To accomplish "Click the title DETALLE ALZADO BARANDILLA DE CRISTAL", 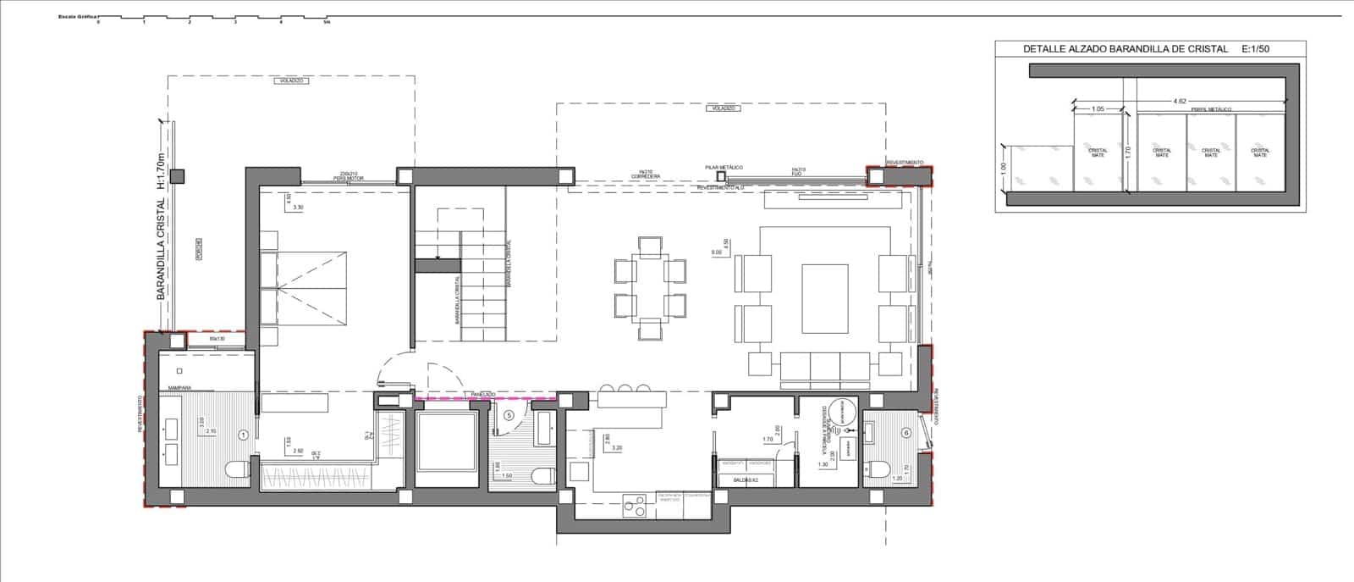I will [1125, 49].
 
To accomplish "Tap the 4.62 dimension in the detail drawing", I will [1179, 102].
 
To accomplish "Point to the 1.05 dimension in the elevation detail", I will [1098, 108].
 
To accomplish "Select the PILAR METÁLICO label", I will [724, 169].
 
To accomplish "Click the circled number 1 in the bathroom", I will [244, 435].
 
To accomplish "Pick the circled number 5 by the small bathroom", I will [508, 415].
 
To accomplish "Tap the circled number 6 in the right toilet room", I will [906, 431].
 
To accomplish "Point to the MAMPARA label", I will [179, 387].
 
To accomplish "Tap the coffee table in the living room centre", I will [825, 299].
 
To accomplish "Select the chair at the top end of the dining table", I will [651, 247].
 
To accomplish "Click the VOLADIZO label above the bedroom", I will [290, 80].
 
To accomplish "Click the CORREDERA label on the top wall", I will [646, 175].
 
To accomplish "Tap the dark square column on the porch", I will [177, 176].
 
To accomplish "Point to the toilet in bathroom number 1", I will [236, 468].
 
